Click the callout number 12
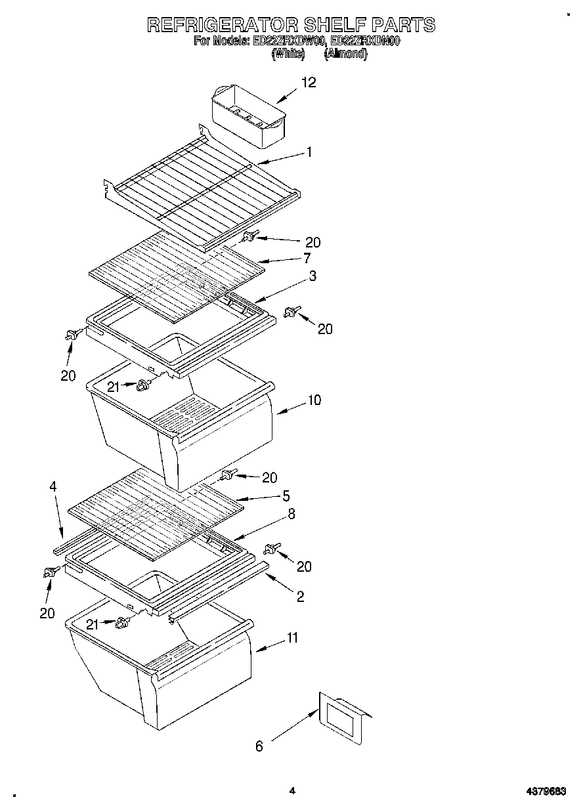(309, 82)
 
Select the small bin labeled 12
(249, 115)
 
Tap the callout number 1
(309, 152)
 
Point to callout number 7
(306, 259)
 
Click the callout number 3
(313, 276)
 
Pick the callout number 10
(314, 400)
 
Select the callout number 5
(286, 496)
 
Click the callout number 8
(291, 514)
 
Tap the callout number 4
(53, 486)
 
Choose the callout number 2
(300, 597)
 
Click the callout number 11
(292, 637)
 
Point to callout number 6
(259, 746)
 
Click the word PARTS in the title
(402, 25)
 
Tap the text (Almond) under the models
(346, 54)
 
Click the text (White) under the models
(288, 54)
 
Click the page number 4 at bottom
(292, 791)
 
